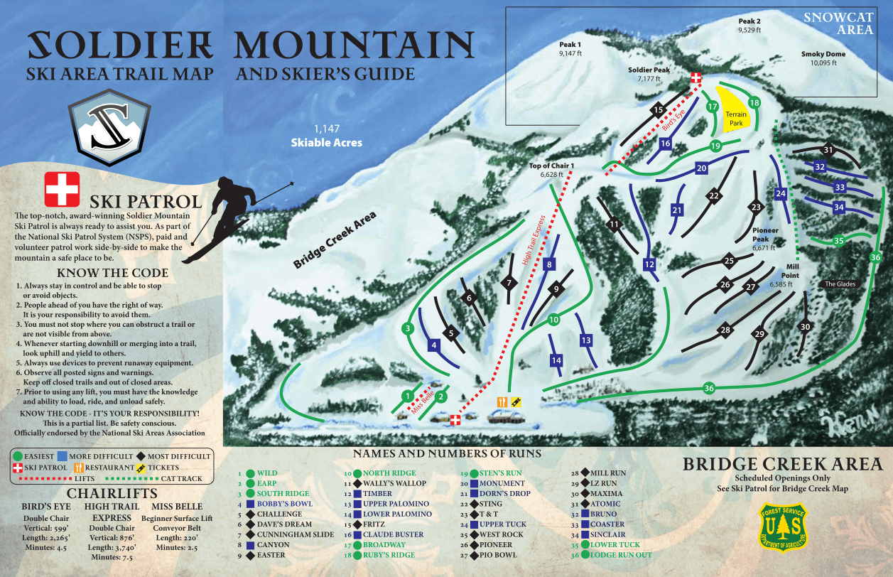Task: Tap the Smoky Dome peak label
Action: point(823,58)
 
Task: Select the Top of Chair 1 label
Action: point(551,169)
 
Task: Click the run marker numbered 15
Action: point(658,110)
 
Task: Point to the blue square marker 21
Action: point(676,210)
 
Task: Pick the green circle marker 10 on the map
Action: point(553,320)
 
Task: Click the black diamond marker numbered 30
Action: point(804,327)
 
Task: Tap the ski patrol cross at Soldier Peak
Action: point(697,77)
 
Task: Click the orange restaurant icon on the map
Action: point(502,401)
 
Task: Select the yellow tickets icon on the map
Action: point(516,401)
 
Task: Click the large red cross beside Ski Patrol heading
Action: point(62,189)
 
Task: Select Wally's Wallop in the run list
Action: point(396,483)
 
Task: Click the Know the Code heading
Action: point(113,273)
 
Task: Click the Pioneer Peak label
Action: point(765,235)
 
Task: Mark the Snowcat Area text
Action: point(835,23)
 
